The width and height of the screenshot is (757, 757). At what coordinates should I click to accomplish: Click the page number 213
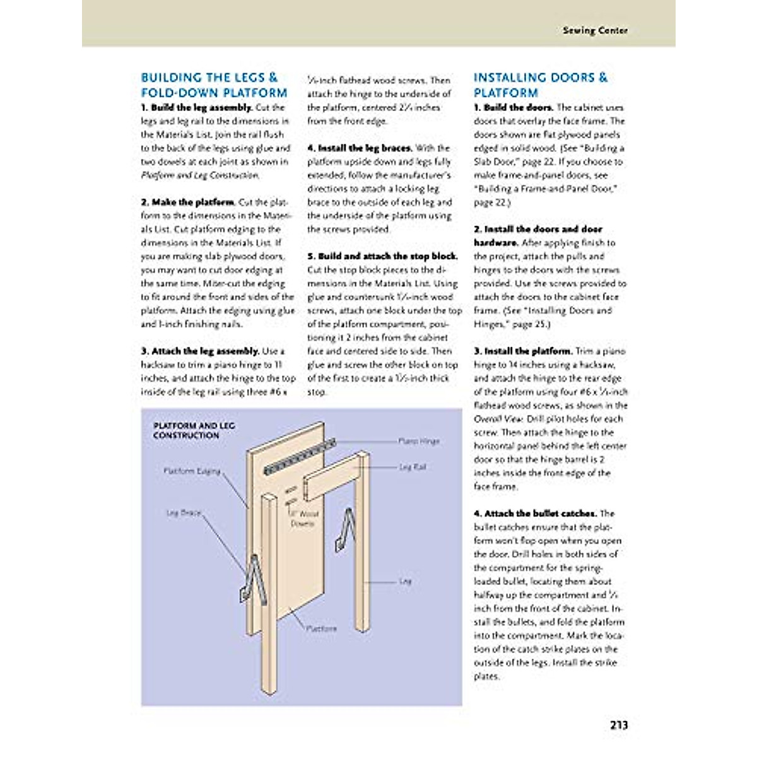(619, 725)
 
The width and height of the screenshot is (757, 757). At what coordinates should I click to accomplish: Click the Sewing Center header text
(595, 30)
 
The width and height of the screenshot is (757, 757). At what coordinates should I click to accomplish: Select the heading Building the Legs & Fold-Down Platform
(213, 85)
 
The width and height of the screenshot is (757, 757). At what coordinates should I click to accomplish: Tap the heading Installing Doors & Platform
(540, 85)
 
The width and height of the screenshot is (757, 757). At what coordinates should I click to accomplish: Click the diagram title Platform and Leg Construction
(194, 431)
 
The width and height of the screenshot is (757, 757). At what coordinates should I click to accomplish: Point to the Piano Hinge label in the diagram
(419, 441)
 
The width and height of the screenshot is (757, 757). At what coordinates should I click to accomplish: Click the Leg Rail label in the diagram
(413, 467)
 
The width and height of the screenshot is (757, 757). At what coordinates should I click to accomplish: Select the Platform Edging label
(192, 471)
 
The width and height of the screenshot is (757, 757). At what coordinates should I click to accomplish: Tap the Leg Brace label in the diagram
(183, 513)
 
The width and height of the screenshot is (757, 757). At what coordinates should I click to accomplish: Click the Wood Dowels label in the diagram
(304, 519)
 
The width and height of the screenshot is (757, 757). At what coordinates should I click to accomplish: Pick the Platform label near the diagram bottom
(321, 628)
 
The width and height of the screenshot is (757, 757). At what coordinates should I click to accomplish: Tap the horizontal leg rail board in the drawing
(331, 479)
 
